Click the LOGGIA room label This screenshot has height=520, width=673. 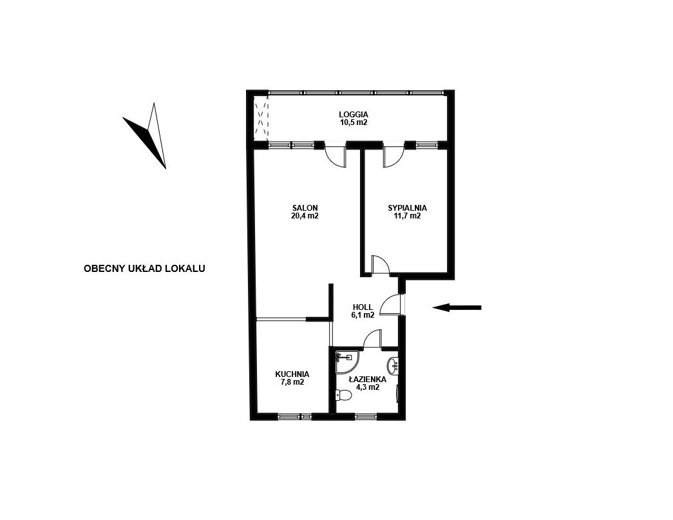coord(353,115)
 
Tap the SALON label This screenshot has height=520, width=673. coord(305,208)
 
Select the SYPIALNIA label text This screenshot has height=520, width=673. coord(407,208)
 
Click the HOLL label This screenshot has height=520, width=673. coord(363,307)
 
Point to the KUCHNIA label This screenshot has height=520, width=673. coord(292,374)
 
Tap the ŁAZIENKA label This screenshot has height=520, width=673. coord(367,380)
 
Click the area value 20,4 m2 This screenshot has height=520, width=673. coord(305,216)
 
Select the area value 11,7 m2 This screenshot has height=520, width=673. coord(407,216)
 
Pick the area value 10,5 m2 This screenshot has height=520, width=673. coord(353,122)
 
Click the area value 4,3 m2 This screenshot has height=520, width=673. coord(367,387)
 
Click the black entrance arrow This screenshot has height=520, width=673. coord(457,307)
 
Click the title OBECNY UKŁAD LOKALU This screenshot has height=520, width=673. coord(144,269)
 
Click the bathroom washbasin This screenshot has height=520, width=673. coord(392,366)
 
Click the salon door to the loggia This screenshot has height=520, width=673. coord(336,155)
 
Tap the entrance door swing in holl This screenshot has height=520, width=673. coord(391,305)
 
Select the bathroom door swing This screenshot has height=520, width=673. coord(372,338)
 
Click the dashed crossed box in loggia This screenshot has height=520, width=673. coord(261,119)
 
